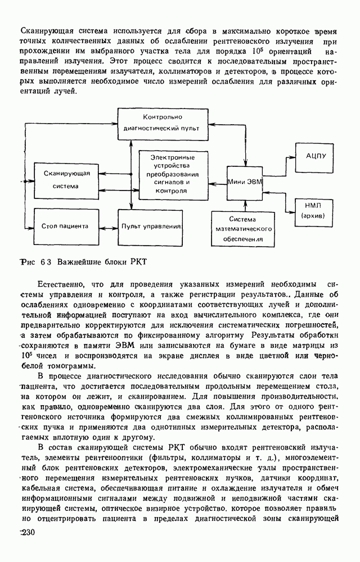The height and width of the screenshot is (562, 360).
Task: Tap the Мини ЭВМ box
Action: tap(245, 181)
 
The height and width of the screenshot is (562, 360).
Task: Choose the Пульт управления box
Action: tap(151, 226)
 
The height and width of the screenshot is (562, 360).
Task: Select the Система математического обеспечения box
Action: tap(242, 229)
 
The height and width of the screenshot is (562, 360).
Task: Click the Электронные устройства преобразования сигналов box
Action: tap(173, 174)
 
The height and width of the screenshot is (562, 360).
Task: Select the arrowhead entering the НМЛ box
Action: tap(294, 211)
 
